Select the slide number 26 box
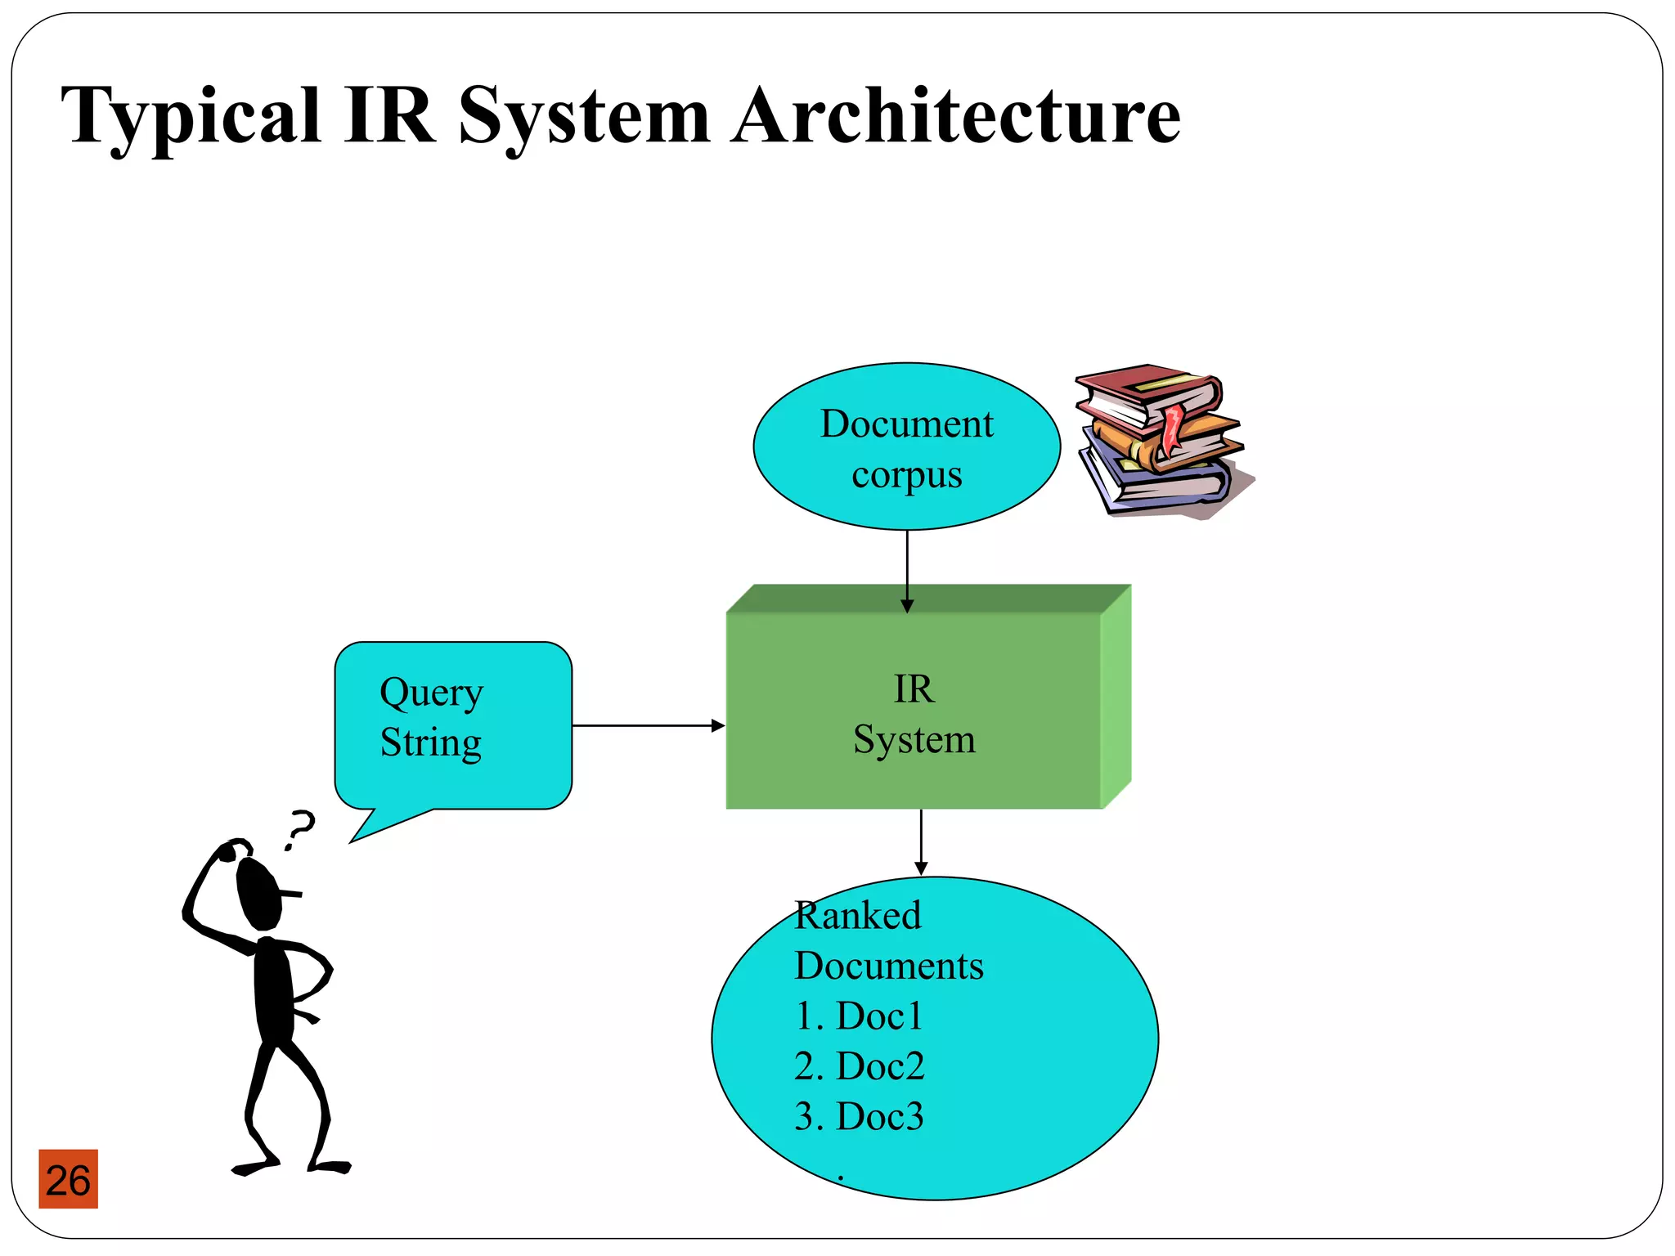68,1179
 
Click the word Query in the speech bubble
431,693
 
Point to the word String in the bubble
430,742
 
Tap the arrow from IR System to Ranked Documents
921,842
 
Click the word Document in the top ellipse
906,424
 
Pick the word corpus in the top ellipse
906,475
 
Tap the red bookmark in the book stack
1172,429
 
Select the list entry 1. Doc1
858,1016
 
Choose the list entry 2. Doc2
859,1066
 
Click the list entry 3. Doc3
859,1116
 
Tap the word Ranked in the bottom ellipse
857,915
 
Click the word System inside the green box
914,740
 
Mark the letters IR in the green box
914,689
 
